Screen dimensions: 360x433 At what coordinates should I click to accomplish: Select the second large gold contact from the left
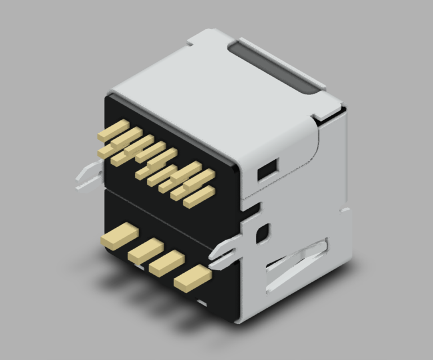pyautogui.click(x=145, y=249)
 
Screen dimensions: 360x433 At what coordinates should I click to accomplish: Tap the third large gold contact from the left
pyautogui.click(x=167, y=262)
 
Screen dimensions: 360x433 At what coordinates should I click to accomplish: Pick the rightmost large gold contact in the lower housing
pyautogui.click(x=193, y=277)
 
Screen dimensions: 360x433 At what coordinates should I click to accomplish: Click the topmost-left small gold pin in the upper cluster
pyautogui.click(x=114, y=130)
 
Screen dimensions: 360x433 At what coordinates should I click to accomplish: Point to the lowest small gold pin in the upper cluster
pyautogui.click(x=199, y=197)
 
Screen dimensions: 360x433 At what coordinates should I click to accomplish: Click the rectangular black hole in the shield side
pyautogui.click(x=267, y=169)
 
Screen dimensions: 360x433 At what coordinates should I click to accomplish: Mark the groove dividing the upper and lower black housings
pyautogui.click(x=169, y=217)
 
